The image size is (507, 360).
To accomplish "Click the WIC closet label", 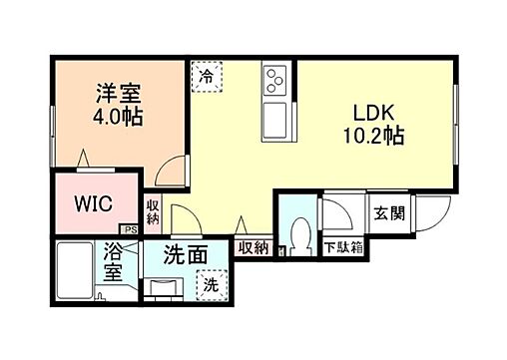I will point(94,204).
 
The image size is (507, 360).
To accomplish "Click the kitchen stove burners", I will point(275,77).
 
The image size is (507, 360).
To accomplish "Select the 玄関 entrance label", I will point(388,213).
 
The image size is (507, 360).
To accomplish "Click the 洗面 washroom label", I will point(186,255).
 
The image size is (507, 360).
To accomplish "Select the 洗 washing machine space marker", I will point(210,285).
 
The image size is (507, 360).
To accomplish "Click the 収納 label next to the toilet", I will point(253,247).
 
